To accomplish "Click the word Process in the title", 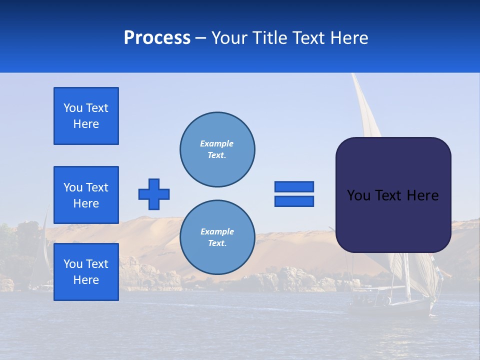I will (157, 38).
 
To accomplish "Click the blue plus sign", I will (154, 194).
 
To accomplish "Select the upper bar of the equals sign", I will (294, 186).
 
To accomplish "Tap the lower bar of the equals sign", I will (294, 201).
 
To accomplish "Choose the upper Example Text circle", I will (217, 149).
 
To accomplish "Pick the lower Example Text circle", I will (217, 237).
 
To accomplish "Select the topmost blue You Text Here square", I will (86, 116).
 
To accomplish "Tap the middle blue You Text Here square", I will (86, 195).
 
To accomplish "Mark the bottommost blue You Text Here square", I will (86, 272).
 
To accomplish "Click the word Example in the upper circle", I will (217, 143).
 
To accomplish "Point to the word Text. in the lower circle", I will (217, 243).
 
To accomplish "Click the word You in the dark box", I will (358, 195).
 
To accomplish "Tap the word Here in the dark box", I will (422, 195).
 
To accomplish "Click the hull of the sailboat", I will (390, 306).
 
